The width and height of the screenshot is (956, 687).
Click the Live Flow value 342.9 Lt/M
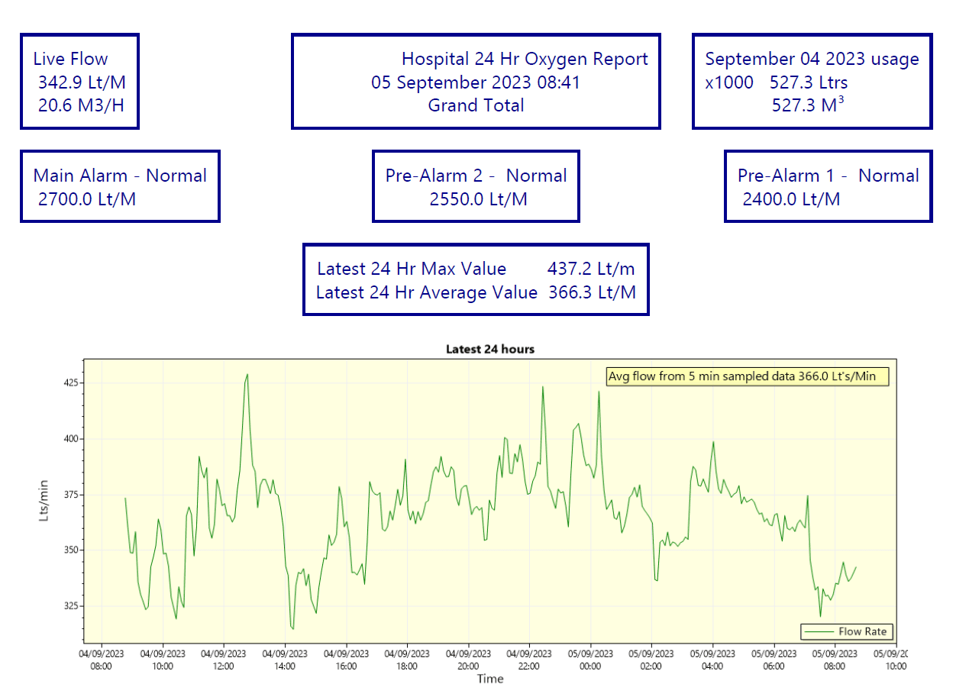point(82,82)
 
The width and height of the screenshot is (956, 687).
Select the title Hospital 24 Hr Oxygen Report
point(525,59)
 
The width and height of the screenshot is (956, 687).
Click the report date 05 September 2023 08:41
point(476,82)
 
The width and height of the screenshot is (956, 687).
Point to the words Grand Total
point(476,105)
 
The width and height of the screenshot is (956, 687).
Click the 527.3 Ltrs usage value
point(809,82)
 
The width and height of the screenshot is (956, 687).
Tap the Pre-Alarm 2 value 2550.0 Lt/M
point(478,199)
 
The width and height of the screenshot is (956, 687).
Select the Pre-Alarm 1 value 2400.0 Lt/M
point(791,199)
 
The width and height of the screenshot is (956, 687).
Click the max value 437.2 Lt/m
point(591,269)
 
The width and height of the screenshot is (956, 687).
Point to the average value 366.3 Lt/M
point(592,292)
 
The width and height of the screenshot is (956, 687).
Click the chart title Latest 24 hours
point(490,349)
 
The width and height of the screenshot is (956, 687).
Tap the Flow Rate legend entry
point(848,631)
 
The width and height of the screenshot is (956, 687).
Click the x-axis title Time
point(490,679)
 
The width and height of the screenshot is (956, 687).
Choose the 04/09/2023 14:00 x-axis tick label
point(285,660)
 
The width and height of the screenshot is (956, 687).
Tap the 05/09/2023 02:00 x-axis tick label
point(651,660)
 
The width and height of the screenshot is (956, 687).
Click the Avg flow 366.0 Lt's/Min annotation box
point(748,376)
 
